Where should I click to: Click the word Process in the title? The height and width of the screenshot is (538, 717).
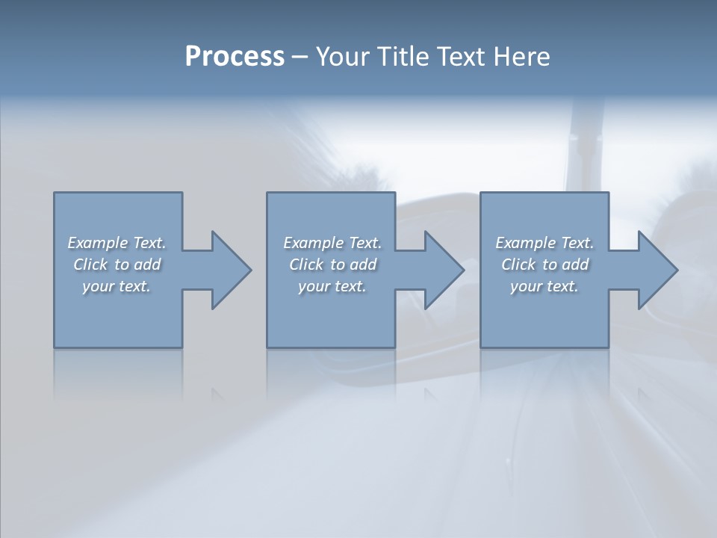coord(234,57)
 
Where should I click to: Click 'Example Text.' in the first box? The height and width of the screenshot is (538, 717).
coord(117,243)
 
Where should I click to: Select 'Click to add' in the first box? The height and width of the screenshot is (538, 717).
coord(117,265)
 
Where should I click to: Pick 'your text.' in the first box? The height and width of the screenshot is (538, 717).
coord(117,286)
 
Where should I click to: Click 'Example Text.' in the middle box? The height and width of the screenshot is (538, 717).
coord(332,243)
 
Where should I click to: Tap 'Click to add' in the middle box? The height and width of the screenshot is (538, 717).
coord(332,265)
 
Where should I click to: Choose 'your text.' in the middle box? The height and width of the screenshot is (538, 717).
coord(332,286)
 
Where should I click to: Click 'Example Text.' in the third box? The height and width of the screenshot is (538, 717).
coord(544,243)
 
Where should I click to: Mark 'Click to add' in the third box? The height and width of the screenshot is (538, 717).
coord(544,265)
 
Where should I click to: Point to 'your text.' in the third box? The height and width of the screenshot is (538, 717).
coord(544,286)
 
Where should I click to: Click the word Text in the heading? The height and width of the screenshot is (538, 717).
coord(462,57)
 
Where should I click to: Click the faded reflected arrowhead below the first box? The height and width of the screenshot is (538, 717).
coord(218,394)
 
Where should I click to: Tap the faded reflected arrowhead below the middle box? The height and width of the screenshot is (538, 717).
coord(431,394)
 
